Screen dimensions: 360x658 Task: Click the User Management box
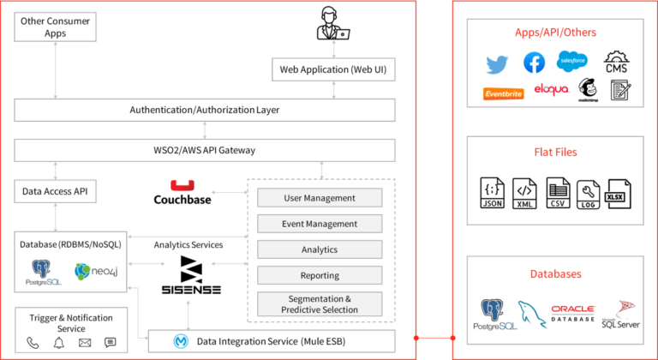pos(320,198)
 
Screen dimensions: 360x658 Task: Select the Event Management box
pos(320,224)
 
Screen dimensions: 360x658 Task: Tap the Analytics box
pos(320,249)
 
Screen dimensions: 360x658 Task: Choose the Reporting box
pos(320,276)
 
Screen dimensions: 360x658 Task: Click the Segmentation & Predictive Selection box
pos(320,303)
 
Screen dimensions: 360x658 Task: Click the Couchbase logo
pos(182,192)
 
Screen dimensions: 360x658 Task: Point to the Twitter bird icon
pos(497,63)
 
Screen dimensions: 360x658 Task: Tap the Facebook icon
pos(535,62)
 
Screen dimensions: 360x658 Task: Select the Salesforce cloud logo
pos(571,61)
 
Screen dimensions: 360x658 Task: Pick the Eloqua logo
pos(551,90)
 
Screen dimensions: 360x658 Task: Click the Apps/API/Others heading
pos(554,33)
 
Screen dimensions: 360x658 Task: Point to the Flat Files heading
pos(554,152)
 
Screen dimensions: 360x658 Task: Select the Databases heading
pos(554,273)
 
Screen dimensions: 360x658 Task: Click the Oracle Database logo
pos(573,313)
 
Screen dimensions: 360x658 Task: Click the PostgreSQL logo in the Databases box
pos(492,315)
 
